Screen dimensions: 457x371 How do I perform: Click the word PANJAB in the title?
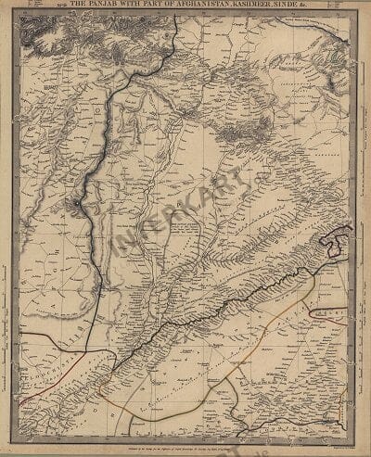(x=109, y=7)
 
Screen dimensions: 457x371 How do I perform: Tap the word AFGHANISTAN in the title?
(x=197, y=7)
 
